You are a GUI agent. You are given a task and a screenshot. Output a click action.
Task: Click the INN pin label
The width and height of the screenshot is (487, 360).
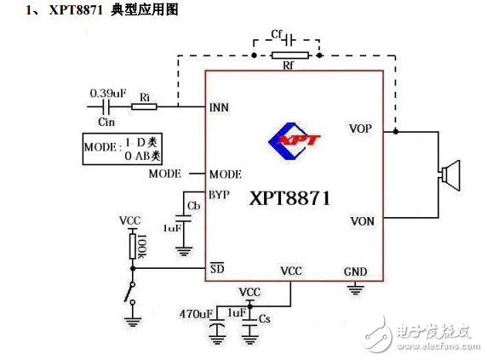219,108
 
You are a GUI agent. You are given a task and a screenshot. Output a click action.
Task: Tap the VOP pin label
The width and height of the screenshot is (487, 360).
360,129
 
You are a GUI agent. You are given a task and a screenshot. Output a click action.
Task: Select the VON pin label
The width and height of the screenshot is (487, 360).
362,221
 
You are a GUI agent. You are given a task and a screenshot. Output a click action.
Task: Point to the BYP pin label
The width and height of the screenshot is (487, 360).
219,194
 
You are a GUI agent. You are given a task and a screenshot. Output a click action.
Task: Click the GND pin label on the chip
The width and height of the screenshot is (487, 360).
355,272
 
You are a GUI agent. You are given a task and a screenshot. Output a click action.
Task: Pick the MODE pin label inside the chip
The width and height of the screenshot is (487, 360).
225,174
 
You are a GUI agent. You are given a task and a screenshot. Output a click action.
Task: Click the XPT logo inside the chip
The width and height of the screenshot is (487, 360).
293,142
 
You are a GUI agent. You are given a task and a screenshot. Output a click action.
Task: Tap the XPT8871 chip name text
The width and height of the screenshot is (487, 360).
289,198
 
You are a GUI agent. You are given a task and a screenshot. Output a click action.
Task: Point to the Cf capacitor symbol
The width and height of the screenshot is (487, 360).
287,39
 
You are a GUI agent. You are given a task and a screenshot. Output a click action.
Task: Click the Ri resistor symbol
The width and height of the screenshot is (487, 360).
145,107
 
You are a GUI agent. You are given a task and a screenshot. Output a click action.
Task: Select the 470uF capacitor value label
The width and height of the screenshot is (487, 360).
196,314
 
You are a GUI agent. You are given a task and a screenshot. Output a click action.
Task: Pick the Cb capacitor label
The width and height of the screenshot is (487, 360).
193,207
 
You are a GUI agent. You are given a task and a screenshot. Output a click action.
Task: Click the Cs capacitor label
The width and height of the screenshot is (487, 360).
265,318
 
